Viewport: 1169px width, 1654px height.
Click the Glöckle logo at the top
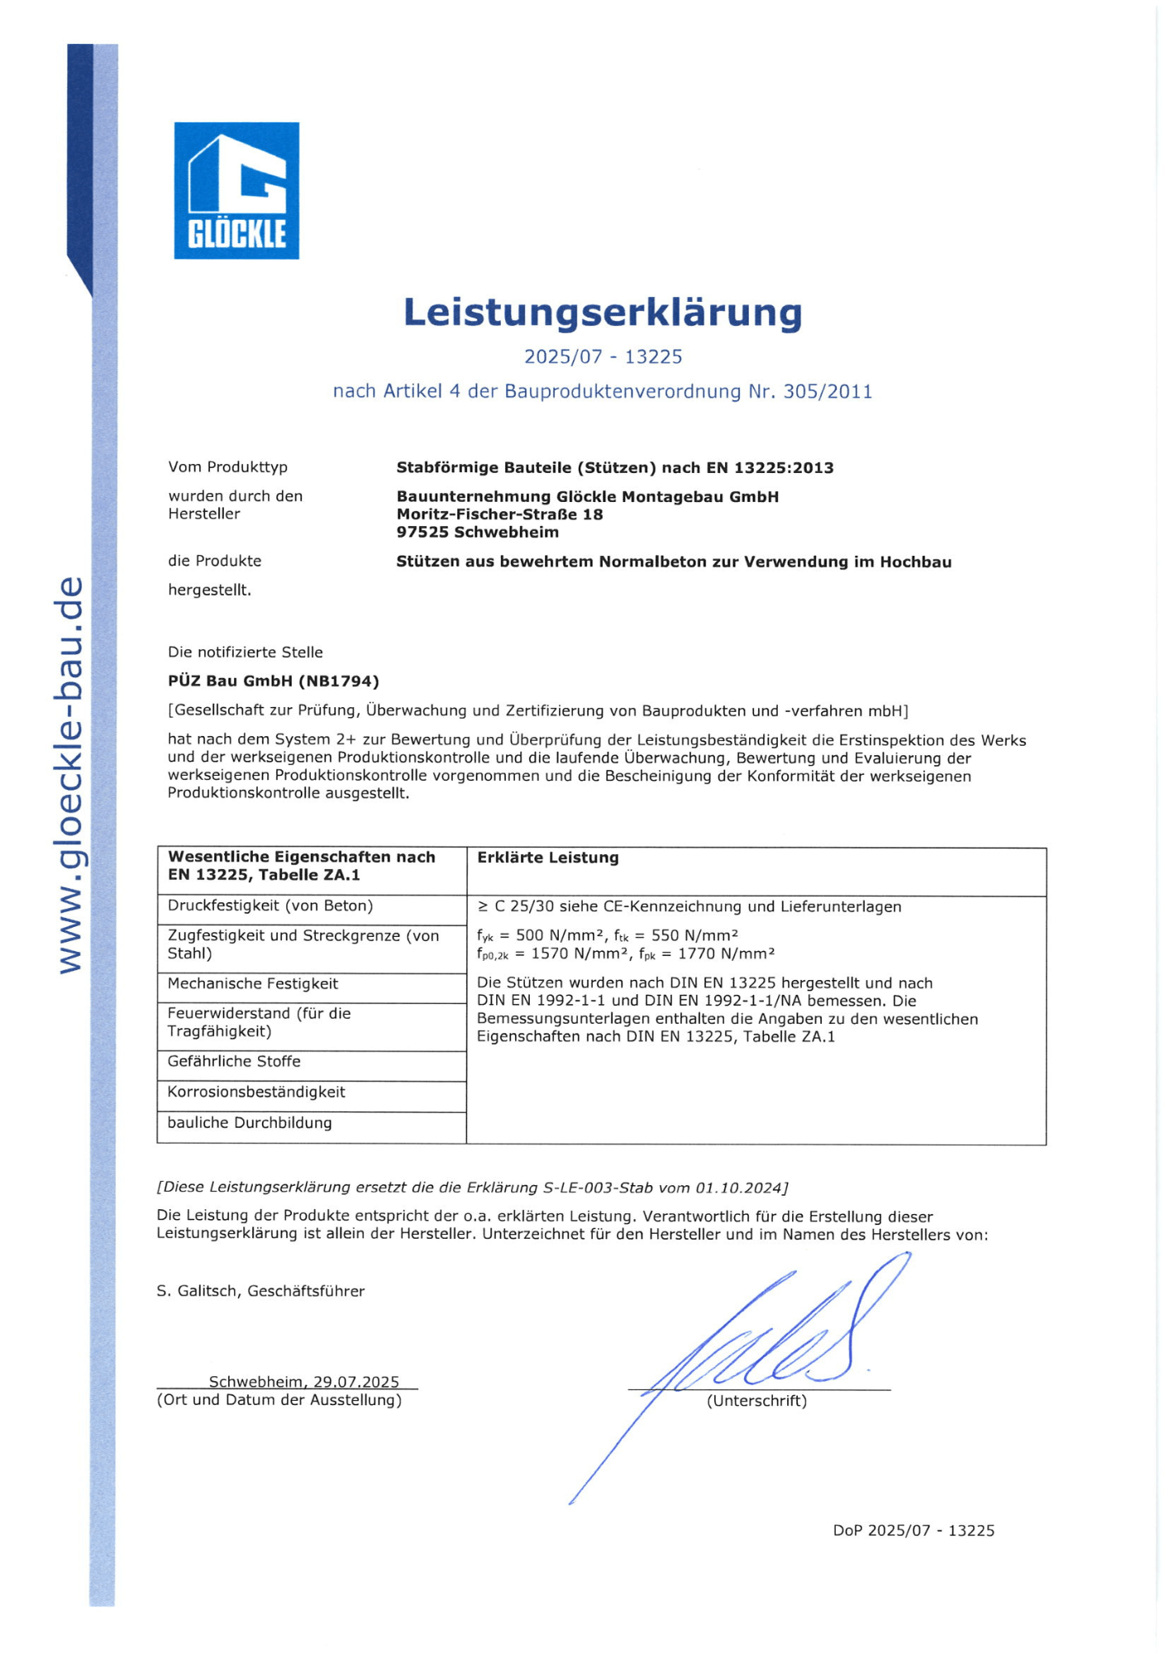point(236,190)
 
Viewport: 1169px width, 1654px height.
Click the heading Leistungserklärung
point(603,313)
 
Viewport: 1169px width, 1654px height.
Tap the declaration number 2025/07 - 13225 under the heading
point(603,356)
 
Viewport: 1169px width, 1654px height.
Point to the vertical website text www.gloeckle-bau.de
point(71,775)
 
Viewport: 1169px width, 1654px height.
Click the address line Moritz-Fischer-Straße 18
point(499,514)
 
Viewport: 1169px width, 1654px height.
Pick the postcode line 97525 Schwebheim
point(477,532)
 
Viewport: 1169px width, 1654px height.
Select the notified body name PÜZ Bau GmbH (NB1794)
point(273,681)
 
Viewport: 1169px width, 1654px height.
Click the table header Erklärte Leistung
point(547,858)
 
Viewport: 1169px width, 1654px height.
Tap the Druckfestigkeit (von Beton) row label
point(270,906)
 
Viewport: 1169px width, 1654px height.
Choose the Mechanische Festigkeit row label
point(252,983)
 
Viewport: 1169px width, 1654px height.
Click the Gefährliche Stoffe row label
point(234,1061)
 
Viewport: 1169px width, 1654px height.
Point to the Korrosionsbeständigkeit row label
point(256,1092)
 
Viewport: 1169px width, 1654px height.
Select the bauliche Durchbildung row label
point(250,1122)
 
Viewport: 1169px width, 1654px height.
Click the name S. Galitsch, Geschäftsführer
point(260,1291)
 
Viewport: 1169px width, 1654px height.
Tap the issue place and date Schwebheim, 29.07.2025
point(303,1381)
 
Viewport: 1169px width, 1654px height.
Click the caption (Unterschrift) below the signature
point(756,1400)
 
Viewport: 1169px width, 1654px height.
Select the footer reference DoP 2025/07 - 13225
point(913,1530)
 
